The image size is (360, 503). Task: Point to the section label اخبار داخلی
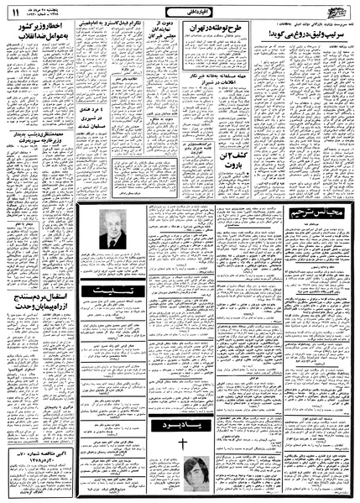click(180, 11)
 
